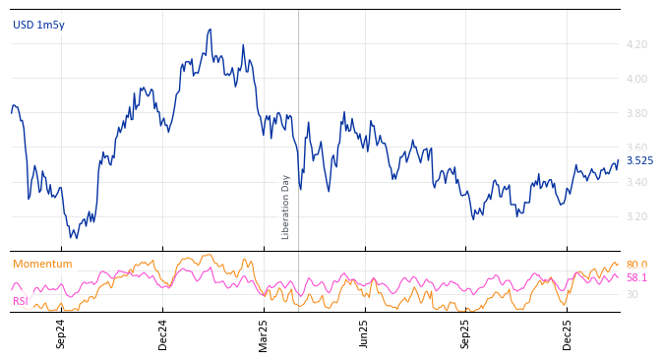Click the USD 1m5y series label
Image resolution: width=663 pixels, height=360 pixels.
38,25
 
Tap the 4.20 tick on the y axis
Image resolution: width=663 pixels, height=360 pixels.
635,44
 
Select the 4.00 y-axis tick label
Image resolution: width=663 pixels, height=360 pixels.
635,79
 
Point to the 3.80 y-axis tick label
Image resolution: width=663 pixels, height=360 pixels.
635,113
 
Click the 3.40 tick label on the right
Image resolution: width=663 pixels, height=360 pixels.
635,182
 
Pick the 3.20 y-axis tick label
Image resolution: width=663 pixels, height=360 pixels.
635,216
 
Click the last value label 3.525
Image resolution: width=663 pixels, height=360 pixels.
639,160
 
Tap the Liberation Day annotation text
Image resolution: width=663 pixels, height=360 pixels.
286,207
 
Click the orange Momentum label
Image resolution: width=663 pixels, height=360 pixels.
42,264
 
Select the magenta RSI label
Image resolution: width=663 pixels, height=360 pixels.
20,301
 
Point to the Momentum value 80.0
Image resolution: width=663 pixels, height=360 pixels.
636,265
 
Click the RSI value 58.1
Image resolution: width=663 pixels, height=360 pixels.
636,278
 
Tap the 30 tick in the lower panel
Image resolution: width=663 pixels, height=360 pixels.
632,294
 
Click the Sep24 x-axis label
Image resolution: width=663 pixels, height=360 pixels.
61,333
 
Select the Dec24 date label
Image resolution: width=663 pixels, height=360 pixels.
163,333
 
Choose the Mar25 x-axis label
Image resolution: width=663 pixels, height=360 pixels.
263,333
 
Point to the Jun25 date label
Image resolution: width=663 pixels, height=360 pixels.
364,333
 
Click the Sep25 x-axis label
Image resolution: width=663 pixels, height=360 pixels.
465,333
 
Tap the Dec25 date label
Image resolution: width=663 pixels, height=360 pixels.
567,333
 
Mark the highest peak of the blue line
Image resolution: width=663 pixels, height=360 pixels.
210,30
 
